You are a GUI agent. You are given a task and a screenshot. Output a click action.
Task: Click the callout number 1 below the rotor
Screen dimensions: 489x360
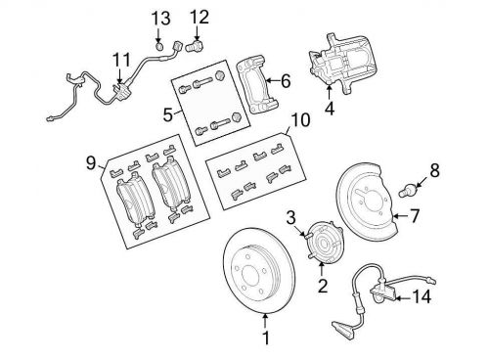click(x=266, y=337)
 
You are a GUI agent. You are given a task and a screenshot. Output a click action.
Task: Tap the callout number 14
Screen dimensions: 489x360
click(x=422, y=296)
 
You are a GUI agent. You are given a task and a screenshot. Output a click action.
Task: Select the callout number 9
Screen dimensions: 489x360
click(x=91, y=162)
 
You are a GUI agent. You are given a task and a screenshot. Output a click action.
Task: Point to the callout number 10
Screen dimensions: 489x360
click(x=300, y=119)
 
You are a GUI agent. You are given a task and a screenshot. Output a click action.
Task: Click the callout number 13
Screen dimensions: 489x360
click(x=160, y=19)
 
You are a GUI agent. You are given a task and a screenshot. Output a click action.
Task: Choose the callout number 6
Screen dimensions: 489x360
click(x=286, y=81)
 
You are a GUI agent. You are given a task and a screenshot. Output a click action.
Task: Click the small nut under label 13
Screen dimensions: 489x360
click(x=159, y=47)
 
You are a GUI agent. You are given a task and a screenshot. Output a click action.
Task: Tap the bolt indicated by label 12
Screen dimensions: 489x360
click(x=195, y=46)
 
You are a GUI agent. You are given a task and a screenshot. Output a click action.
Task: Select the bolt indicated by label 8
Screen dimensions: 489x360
click(x=408, y=190)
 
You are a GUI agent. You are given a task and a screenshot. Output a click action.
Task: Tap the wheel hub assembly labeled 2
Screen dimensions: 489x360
click(x=325, y=242)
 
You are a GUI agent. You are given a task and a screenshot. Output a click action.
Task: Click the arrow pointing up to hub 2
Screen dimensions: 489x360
click(x=322, y=269)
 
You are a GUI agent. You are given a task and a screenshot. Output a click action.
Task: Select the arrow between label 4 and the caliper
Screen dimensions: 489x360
click(x=330, y=92)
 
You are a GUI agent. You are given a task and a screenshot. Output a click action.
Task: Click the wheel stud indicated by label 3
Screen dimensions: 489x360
click(x=307, y=235)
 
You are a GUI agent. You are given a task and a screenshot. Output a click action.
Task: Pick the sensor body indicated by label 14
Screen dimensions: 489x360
click(x=383, y=292)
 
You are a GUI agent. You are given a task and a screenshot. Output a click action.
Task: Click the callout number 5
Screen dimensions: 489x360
click(x=167, y=114)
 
